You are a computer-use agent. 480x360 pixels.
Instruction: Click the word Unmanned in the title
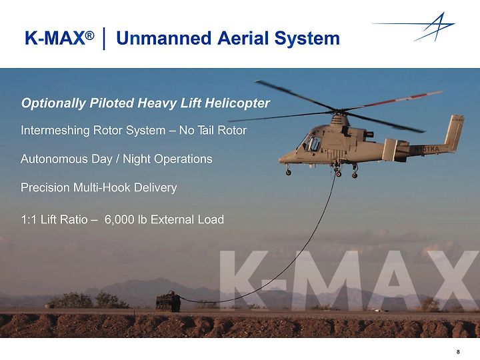click(164, 39)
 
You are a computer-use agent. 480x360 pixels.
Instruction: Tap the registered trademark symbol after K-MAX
click(89, 35)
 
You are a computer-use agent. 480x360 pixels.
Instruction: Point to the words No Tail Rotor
click(213, 131)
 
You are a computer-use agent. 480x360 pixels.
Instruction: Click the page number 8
click(458, 352)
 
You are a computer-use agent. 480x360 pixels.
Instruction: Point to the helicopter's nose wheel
click(289, 173)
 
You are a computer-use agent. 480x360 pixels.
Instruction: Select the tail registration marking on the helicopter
click(427, 149)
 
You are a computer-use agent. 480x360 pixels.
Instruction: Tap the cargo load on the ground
click(169, 302)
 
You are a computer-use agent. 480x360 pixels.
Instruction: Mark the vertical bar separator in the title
click(105, 39)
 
